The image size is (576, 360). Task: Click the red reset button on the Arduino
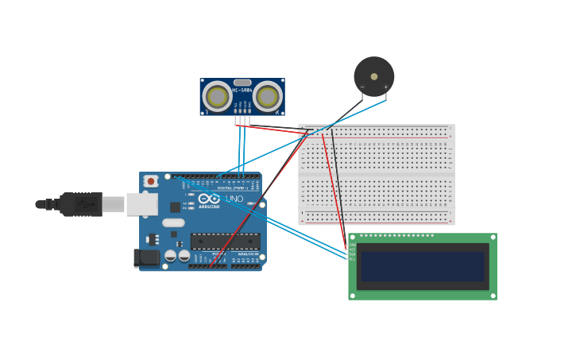(x=151, y=181)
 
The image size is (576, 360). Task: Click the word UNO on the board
(x=234, y=199)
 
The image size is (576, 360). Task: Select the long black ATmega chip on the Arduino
(x=225, y=242)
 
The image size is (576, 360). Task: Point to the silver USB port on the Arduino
(x=141, y=204)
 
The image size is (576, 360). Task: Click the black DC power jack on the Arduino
(x=146, y=257)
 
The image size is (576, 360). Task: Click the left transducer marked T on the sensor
(x=217, y=97)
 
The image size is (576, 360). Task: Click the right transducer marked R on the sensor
(x=268, y=97)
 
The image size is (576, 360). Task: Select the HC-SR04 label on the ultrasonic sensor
(x=242, y=90)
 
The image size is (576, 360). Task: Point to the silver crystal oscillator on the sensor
(x=242, y=83)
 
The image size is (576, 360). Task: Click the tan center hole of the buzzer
(x=374, y=77)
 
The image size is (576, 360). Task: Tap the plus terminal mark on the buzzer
(x=386, y=87)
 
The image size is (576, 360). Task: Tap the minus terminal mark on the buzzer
(x=362, y=87)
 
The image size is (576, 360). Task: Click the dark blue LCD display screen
(x=422, y=266)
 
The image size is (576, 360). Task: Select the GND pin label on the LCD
(x=352, y=245)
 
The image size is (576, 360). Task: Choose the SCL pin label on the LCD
(x=352, y=259)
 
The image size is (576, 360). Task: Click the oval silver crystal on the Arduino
(x=173, y=223)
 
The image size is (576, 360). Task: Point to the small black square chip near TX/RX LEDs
(x=175, y=207)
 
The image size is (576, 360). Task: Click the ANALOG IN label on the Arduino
(x=247, y=254)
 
